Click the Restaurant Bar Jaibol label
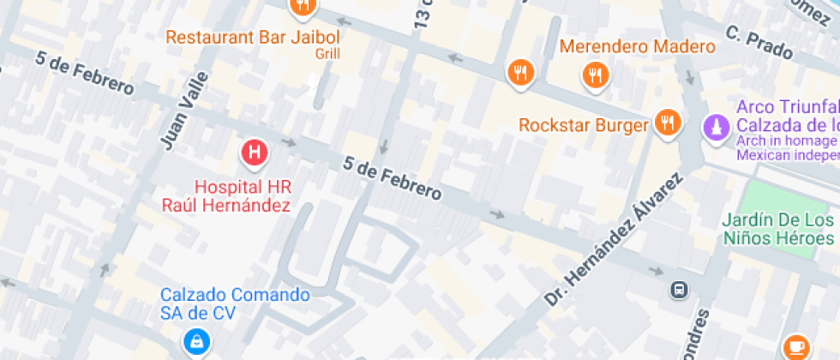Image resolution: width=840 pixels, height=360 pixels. click(253, 38)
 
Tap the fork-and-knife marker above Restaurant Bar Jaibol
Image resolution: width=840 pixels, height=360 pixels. click(303, 8)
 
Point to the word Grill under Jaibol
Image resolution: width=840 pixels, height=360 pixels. click(327, 53)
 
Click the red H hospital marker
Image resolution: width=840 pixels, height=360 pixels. click(254, 153)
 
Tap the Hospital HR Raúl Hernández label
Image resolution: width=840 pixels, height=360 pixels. click(243, 195)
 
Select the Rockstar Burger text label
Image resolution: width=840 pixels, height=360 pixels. click(584, 125)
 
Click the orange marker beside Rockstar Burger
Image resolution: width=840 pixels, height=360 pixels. click(668, 123)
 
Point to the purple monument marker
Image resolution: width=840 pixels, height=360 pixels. click(713, 128)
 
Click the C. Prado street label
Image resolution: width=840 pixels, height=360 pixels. click(759, 44)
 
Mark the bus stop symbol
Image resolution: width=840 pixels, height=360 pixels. click(678, 290)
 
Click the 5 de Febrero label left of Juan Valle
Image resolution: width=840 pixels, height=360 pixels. click(85, 74)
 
